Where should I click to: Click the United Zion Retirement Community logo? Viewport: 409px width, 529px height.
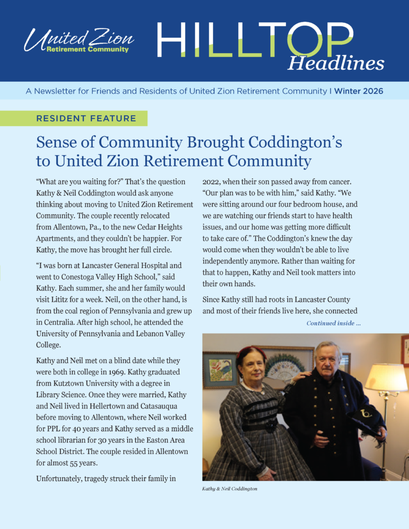79,41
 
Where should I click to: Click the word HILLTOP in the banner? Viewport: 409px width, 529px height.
255,40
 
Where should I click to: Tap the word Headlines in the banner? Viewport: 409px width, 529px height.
336,63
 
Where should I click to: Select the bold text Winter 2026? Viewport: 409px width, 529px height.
358,91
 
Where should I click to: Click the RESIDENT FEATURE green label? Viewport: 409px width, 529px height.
86,118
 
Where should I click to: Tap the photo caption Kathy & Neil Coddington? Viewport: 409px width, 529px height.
229,488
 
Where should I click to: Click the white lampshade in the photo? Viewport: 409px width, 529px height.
386,378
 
